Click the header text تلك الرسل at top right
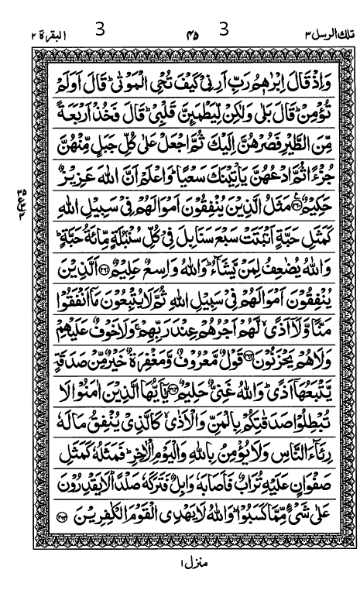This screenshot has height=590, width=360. [320, 36]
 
